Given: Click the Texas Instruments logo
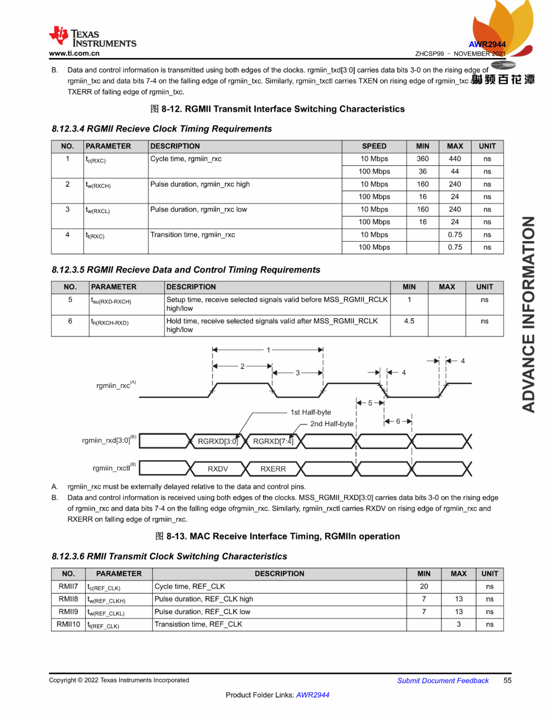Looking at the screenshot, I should pos(92,37).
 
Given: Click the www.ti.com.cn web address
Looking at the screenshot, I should pos(74,53).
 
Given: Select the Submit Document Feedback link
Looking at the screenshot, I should pos(442,681).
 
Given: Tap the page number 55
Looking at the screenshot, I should pos(507,680).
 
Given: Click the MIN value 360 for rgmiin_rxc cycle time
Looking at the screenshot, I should pos(422,159).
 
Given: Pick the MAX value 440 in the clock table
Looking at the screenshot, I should pos(455,159).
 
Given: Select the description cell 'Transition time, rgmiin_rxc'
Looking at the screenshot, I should pos(193,235).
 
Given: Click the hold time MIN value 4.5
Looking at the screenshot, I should pos(409,321).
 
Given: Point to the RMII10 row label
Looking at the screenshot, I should pos(68,624).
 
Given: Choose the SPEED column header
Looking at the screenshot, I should pos(374,146).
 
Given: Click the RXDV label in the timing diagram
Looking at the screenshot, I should pos(218,469).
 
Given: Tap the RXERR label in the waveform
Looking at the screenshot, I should pos(273,469).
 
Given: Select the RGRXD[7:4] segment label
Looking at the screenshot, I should pos(273,441).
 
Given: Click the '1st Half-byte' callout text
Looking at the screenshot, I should pos(311,412).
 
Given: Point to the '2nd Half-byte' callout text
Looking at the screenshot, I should pos(332,424).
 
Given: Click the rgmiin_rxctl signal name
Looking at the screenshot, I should pos(112,468).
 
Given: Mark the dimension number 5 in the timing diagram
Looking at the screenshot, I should pos(370,403).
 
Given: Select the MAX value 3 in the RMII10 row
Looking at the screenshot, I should pos(458,624).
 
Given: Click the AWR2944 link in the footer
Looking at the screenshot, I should pos(312,695).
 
